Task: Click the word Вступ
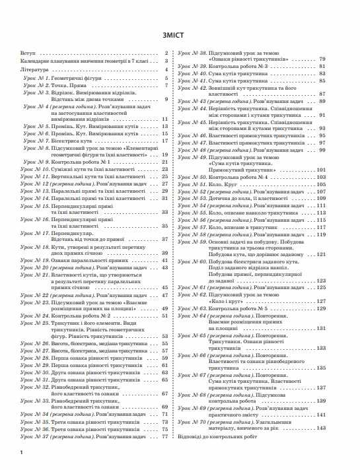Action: click(x=28, y=53)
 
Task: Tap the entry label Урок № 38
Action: click(x=195, y=52)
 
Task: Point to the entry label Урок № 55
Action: click(x=195, y=214)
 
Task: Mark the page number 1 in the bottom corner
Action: click(x=22, y=453)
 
